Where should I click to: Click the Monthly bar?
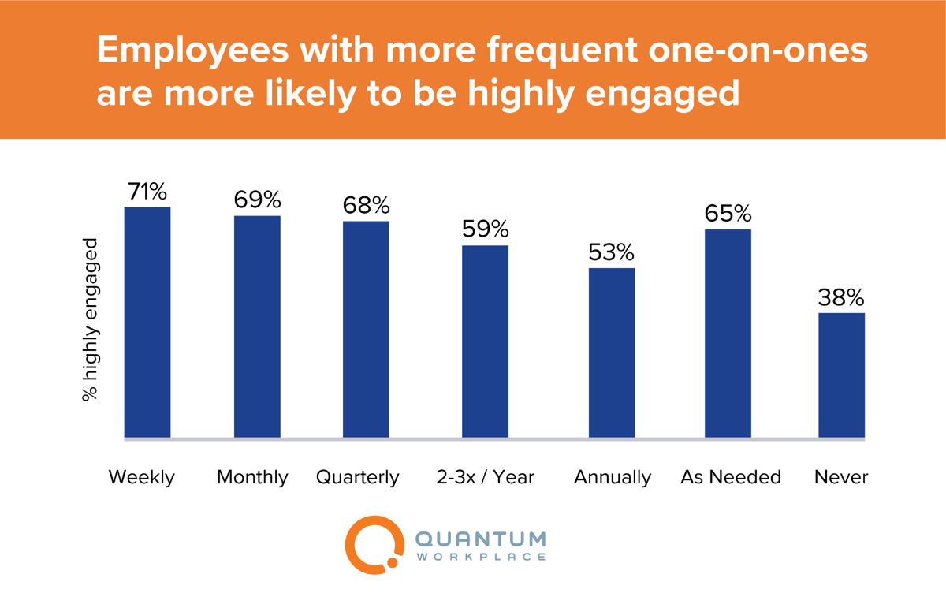(x=257, y=326)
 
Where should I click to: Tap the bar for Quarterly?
(x=366, y=329)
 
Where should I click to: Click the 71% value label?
(x=147, y=192)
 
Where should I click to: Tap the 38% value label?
(x=841, y=298)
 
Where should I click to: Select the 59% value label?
(x=485, y=229)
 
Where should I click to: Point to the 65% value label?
(x=728, y=214)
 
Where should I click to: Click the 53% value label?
(x=611, y=252)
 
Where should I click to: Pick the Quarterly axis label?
(x=358, y=477)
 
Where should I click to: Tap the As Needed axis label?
(x=730, y=477)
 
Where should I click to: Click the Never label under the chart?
(x=841, y=477)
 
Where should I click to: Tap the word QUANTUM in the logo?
(x=480, y=539)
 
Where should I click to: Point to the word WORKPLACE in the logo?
(x=480, y=558)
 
